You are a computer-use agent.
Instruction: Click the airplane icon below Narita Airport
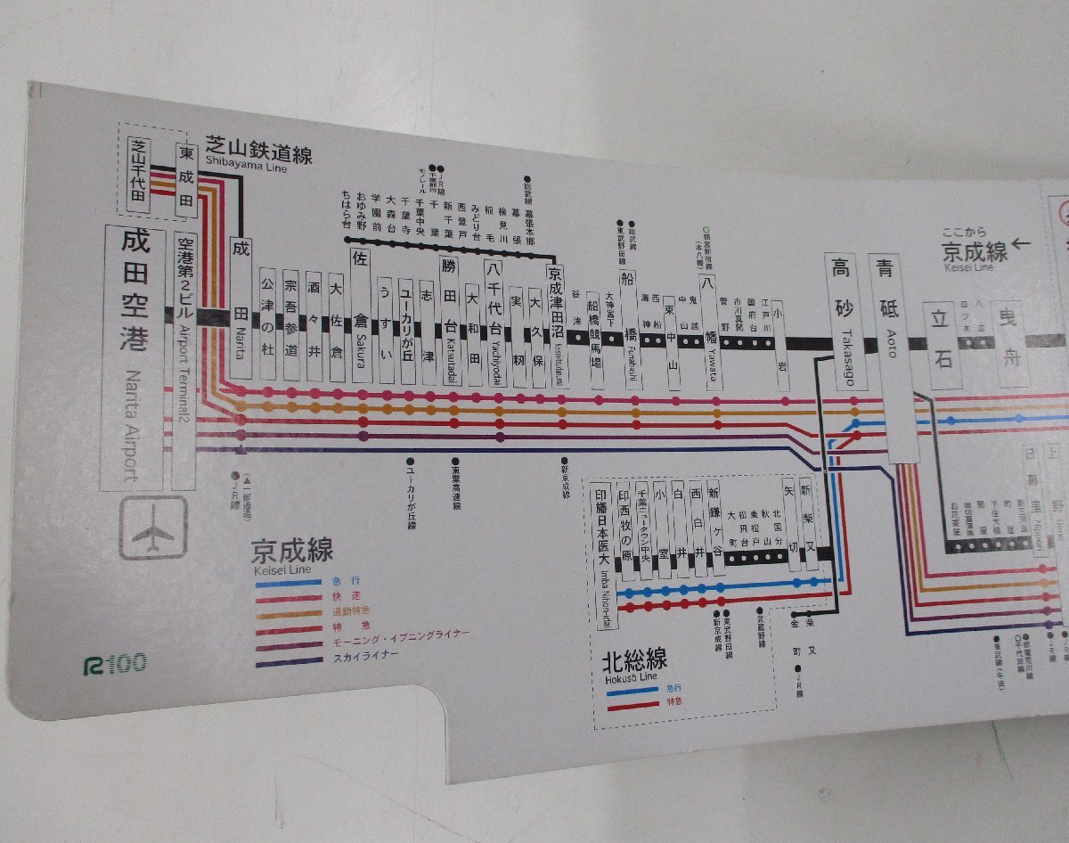click(x=153, y=528)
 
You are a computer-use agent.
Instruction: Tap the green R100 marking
click(x=113, y=662)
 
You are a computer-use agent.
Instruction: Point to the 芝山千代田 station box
click(x=138, y=174)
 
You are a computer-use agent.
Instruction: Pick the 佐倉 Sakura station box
click(x=361, y=316)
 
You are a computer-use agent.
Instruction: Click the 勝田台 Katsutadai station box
click(x=451, y=321)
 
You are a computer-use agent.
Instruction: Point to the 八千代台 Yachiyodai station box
click(x=494, y=321)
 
